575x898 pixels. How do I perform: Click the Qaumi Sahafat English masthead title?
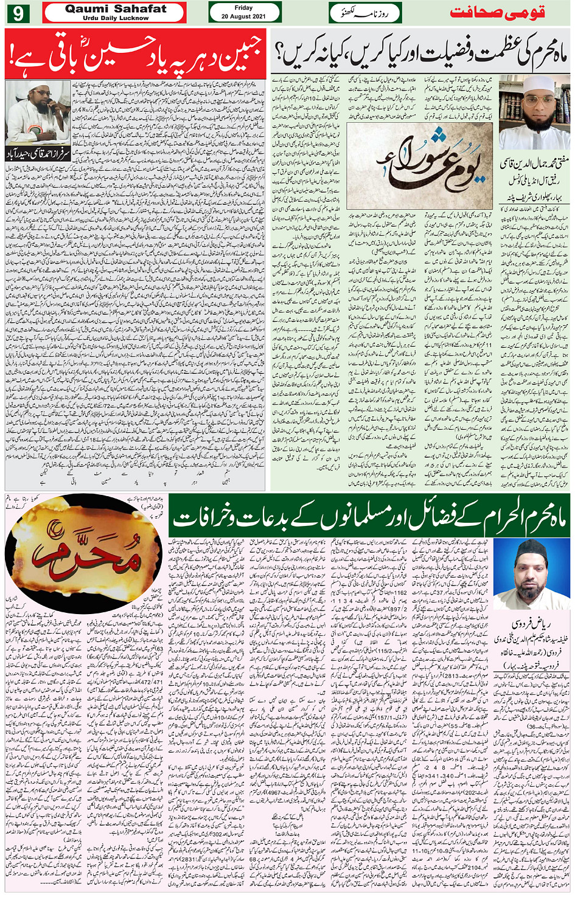pyautogui.click(x=115, y=9)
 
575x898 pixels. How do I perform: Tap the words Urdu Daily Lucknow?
pyautogui.click(x=115, y=18)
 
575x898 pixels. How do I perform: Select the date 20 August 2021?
pyautogui.click(x=243, y=16)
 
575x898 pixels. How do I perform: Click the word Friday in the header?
pyautogui.click(x=243, y=8)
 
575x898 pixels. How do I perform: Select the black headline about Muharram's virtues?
pyautogui.click(x=420, y=55)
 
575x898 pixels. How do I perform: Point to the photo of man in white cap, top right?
pyautogui.click(x=534, y=112)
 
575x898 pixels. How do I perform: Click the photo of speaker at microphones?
pyautogui.click(x=38, y=114)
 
